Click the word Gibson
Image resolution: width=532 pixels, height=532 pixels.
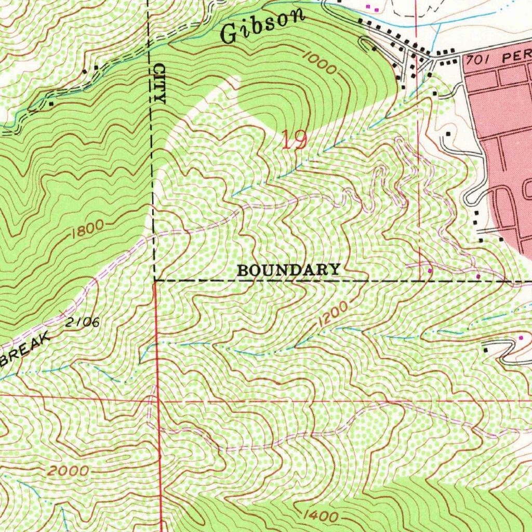pyautogui.click(x=262, y=26)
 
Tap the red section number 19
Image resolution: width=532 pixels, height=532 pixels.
pyautogui.click(x=295, y=140)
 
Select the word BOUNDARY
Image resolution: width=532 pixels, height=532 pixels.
pyautogui.click(x=289, y=270)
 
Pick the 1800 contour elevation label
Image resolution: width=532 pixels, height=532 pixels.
pyautogui.click(x=87, y=229)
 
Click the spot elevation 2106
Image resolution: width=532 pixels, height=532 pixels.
pyautogui.click(x=83, y=322)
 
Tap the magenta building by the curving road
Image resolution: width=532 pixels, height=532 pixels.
pyautogui.click(x=522, y=338)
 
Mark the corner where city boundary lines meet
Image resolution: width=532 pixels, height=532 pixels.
pyautogui.click(x=155, y=281)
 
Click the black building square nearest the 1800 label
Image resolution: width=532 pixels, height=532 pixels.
pyautogui.click(x=50, y=103)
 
